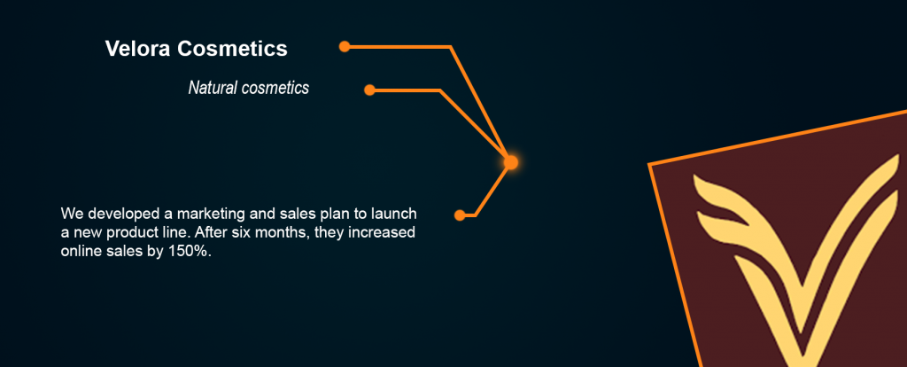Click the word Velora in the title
[137, 49]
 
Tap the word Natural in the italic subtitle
[213, 88]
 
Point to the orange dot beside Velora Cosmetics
[345, 46]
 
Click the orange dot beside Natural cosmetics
[369, 90]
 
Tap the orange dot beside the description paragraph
[460, 215]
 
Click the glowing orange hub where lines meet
[510, 162]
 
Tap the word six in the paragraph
[252, 233]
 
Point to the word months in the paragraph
[290, 233]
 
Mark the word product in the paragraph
[133, 233]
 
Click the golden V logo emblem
[798, 261]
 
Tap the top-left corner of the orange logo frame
[649, 164]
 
